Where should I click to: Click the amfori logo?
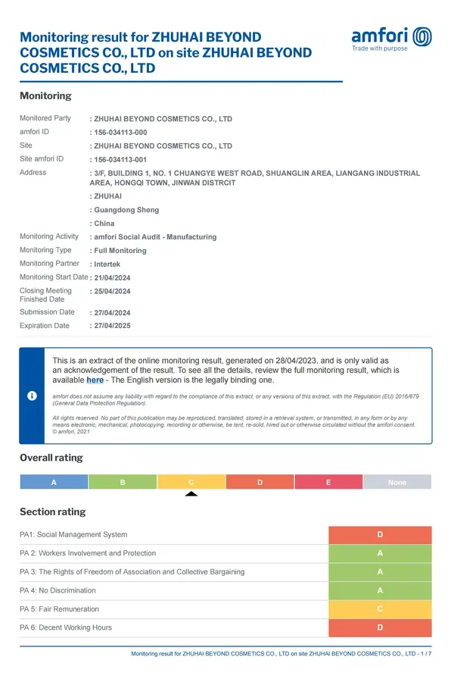coord(391,37)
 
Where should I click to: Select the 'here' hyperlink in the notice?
coord(95,380)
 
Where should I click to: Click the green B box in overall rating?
coord(123,482)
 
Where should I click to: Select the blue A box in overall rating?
coord(54,482)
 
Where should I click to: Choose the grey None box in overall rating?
coord(396,482)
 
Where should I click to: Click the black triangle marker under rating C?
coord(191,494)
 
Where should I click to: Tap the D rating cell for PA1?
coord(380,535)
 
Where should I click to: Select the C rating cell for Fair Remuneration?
coord(380,609)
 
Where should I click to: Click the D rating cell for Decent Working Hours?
coord(380,627)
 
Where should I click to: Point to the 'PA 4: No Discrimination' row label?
coord(58,590)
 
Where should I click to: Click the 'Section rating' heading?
coord(52,511)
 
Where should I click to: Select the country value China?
coord(104,224)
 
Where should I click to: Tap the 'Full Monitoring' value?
coord(120,251)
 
